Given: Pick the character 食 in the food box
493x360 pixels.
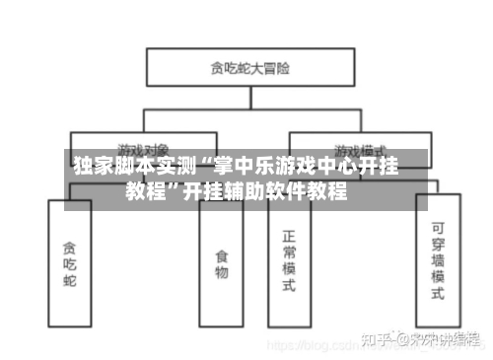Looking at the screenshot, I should coord(221,255).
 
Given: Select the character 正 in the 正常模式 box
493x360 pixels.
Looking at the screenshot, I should coord(289,237).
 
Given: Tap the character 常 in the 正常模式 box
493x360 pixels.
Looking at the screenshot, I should coord(289,252).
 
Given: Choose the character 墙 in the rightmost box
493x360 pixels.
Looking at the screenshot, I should coord(438,261).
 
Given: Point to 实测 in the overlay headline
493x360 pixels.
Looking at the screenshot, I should coord(166,167).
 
